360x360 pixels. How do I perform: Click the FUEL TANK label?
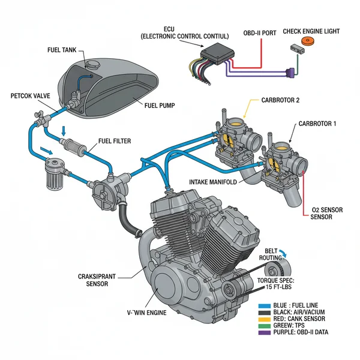(x=61, y=50)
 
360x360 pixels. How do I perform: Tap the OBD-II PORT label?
(x=260, y=32)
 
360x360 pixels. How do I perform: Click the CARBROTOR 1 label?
(x=318, y=123)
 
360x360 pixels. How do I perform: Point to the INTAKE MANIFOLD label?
(x=217, y=182)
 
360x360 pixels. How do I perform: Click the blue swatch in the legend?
(x=263, y=306)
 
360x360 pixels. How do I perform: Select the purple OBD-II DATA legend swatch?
(x=263, y=332)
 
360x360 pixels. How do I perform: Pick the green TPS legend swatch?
(x=263, y=326)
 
